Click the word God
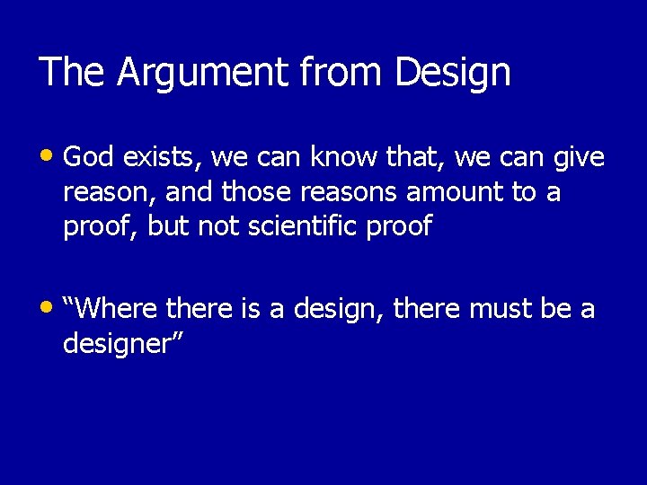pyautogui.click(x=90, y=159)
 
